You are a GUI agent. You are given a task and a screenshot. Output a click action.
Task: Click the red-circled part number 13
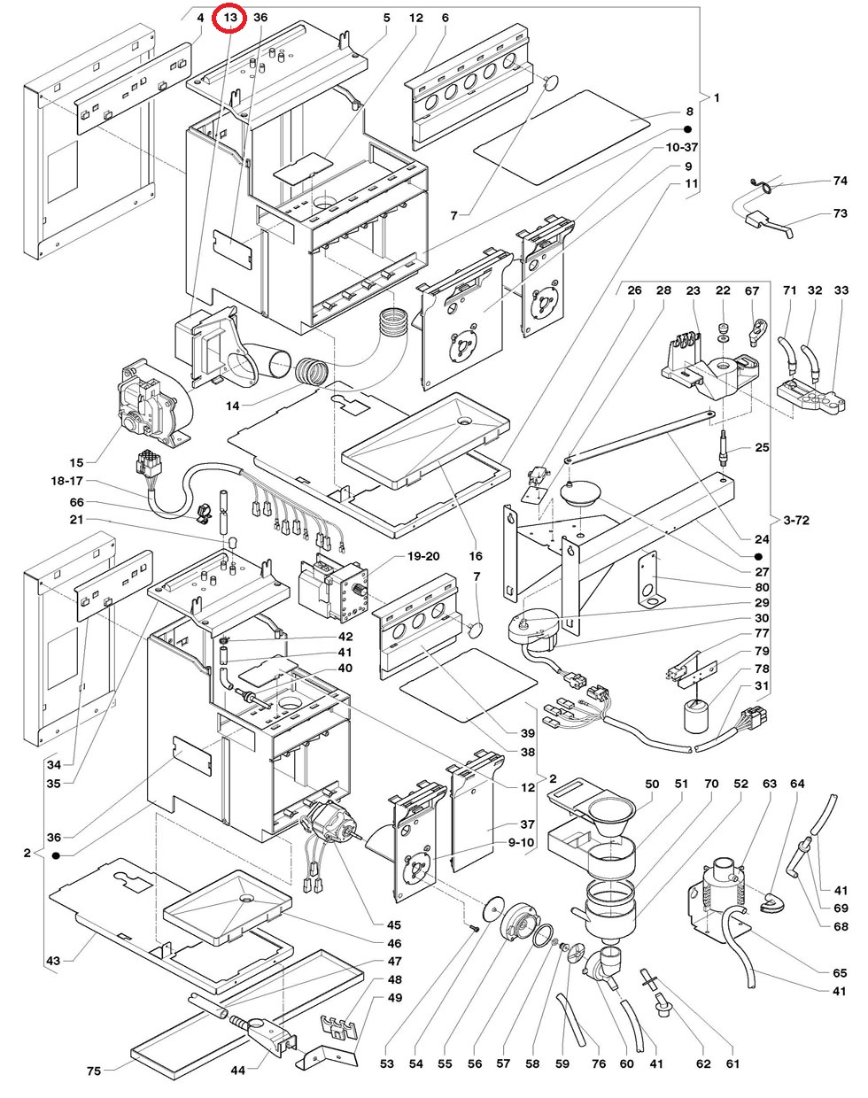click(x=230, y=18)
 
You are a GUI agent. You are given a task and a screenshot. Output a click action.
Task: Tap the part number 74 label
click(x=840, y=181)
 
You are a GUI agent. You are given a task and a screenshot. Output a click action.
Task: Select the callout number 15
click(x=76, y=463)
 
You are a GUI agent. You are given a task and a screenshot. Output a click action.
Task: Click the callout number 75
click(x=93, y=1071)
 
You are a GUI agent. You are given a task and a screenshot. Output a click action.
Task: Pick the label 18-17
click(x=67, y=481)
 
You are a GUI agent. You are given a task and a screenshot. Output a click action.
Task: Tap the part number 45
click(x=394, y=925)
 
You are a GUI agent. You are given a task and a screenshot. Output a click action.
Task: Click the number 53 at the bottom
click(x=387, y=1063)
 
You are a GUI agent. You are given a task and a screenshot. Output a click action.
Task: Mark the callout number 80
click(x=762, y=586)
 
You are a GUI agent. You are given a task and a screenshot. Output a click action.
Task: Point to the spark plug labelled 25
click(x=725, y=446)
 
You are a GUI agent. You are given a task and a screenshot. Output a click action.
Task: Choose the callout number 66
click(x=76, y=502)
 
